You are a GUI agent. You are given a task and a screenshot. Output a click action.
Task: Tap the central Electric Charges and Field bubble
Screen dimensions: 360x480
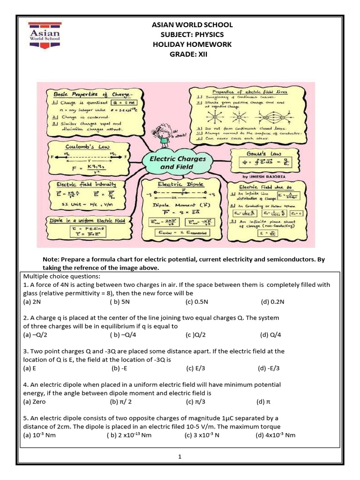click(177, 163)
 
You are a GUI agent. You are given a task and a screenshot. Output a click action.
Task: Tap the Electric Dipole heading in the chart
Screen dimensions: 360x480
click(177, 185)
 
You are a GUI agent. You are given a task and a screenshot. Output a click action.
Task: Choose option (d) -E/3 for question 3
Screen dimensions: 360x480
click(269, 368)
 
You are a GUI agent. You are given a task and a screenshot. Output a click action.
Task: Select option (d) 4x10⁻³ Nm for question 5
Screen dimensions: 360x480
click(276, 435)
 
